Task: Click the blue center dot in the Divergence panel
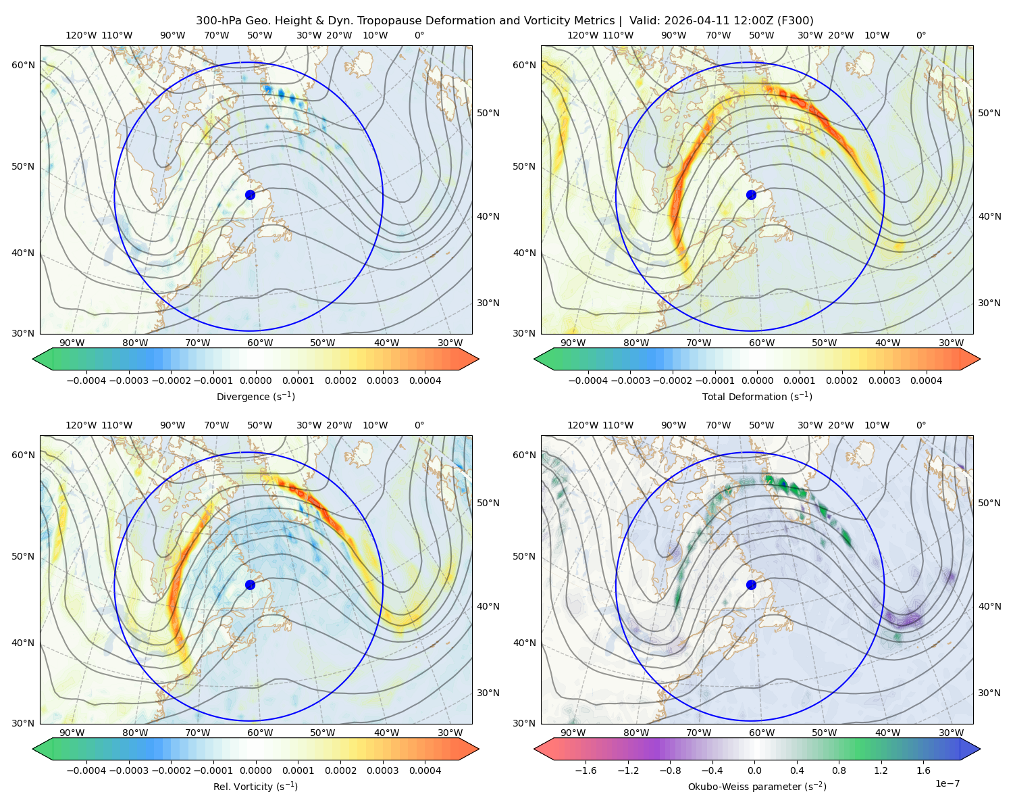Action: (250, 195)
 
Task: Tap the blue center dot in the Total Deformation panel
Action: (751, 195)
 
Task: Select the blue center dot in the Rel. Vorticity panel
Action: (250, 585)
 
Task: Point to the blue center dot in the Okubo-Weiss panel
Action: (751, 585)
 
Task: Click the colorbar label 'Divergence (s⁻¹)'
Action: (255, 396)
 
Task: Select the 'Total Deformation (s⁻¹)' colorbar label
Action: (757, 396)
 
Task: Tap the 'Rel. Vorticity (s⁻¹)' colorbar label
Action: (255, 786)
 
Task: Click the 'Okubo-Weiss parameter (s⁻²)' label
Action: (757, 786)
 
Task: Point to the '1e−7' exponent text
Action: (947, 783)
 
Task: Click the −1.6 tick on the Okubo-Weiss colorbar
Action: (586, 770)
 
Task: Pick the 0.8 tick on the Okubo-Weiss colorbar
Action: (839, 770)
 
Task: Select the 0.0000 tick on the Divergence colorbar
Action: (255, 380)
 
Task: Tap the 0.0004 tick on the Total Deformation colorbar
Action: (926, 380)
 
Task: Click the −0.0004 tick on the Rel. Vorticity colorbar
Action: (86, 770)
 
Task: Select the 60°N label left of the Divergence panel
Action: (23, 65)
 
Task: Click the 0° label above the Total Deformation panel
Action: (920, 35)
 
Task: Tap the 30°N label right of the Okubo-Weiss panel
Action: (989, 692)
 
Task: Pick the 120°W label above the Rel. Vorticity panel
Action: (81, 424)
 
